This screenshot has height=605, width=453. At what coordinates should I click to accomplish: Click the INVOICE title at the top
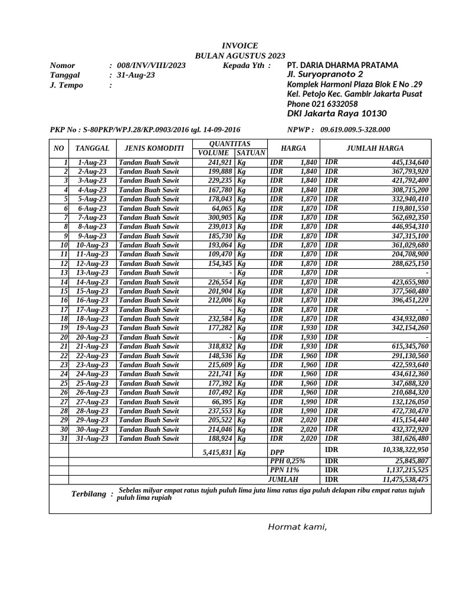click(239, 45)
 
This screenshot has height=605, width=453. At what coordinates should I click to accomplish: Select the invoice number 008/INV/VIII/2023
click(151, 66)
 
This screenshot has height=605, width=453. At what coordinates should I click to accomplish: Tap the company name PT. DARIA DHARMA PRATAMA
click(342, 65)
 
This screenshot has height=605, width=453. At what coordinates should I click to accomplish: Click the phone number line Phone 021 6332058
click(322, 104)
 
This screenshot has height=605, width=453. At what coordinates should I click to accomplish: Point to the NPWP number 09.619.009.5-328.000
click(355, 129)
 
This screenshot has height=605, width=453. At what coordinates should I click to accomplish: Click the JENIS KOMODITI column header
click(151, 148)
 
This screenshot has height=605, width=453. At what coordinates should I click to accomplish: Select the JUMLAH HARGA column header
click(375, 148)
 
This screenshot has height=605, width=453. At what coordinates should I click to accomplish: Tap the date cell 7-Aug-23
click(92, 217)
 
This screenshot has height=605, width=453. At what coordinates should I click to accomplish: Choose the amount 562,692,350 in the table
click(406, 217)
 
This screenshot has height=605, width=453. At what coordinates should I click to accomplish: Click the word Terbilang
click(88, 494)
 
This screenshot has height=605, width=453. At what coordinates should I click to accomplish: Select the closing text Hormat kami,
click(297, 527)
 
